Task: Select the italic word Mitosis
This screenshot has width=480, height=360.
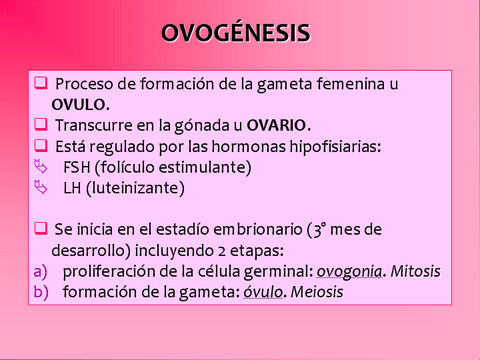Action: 415,271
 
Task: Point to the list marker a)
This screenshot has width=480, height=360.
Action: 40,271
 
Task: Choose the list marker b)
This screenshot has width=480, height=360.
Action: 40,292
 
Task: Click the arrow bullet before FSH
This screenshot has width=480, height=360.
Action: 40,166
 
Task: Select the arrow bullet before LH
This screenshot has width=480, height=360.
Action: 40,187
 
